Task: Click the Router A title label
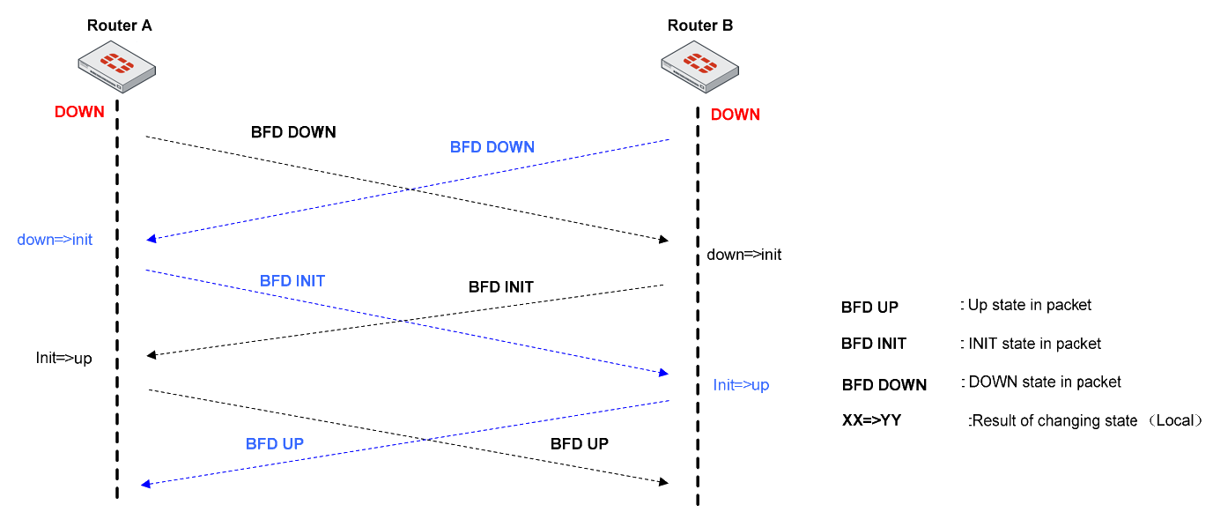(x=119, y=26)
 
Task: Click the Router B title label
(x=699, y=26)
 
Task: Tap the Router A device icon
(x=116, y=67)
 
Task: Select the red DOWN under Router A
(x=79, y=112)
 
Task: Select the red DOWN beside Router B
(x=735, y=115)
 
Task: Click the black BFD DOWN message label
(x=293, y=132)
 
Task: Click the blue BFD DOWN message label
(x=492, y=147)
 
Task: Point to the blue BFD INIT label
(x=292, y=281)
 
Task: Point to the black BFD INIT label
(x=500, y=287)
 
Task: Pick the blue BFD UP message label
(x=274, y=444)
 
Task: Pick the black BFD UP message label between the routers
(x=579, y=444)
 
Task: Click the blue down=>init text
(x=55, y=240)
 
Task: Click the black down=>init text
(x=743, y=256)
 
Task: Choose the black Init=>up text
(x=63, y=359)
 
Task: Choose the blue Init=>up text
(x=741, y=385)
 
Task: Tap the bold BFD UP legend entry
(x=869, y=308)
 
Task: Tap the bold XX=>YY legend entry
(x=871, y=421)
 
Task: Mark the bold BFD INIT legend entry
(x=873, y=344)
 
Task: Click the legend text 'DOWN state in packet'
(x=1044, y=382)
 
